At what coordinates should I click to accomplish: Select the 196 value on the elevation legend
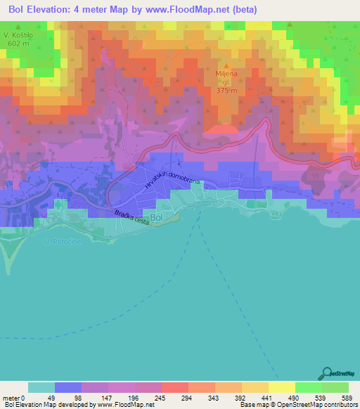point(134,397)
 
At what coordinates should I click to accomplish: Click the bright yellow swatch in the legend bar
point(281,387)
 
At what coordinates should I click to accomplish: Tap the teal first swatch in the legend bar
point(41,387)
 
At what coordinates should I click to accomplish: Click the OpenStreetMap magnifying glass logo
point(327,372)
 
